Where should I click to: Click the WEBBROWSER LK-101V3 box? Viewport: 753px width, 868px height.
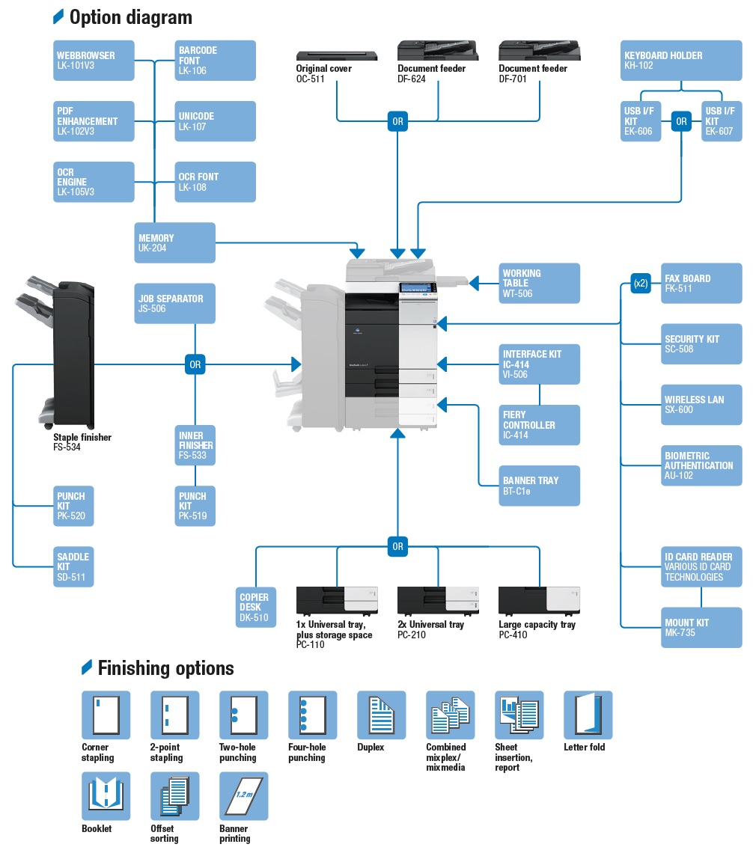pos(94,61)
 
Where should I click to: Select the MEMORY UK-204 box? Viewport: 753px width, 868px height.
pos(175,242)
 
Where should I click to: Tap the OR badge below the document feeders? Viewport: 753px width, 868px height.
pos(397,121)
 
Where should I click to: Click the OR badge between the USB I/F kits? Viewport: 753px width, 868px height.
pos(681,121)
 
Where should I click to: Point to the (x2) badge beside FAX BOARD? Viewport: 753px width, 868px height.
pos(641,284)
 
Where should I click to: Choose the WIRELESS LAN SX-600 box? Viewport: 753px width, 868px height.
pos(701,405)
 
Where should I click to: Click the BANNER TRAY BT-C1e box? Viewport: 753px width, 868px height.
pos(540,486)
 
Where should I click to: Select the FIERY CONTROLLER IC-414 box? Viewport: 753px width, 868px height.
pos(540,425)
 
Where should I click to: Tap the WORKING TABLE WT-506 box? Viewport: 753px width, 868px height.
pos(540,283)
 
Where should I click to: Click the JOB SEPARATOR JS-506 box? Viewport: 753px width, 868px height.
pos(175,303)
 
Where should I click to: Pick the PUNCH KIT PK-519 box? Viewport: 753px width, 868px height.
pos(195,506)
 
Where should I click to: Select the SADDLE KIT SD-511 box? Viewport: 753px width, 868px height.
pos(74,566)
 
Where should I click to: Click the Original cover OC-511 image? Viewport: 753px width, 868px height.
pos(337,55)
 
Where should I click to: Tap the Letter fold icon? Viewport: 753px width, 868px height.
pos(588,715)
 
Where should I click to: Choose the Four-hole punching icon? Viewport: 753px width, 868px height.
pos(312,715)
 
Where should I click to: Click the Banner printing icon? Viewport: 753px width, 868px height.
pos(243,796)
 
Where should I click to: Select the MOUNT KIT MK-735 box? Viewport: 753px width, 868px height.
pos(701,627)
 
